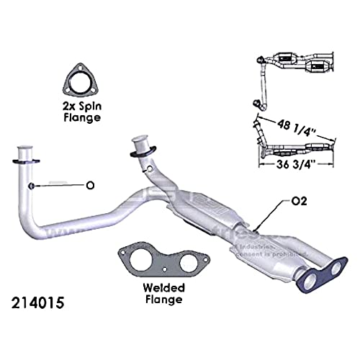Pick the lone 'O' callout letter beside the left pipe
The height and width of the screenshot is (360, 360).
tap(90, 186)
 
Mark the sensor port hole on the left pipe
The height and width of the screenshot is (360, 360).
tap(33, 186)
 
